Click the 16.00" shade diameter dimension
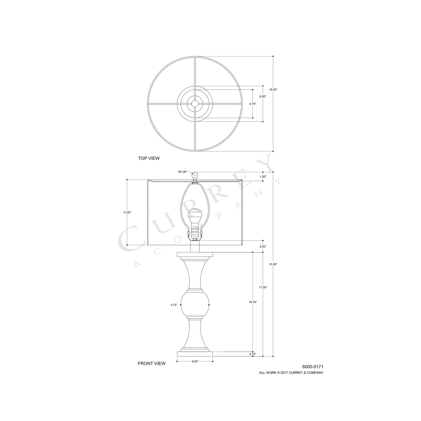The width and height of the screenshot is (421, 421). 273,90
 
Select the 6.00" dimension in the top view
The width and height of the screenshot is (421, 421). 263,96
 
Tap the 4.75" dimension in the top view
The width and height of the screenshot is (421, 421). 253,104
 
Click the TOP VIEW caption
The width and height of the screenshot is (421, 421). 149,158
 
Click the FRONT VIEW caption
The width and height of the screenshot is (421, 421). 152,363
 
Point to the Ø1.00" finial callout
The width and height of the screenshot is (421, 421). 182,172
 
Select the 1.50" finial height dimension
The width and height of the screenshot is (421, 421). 263,177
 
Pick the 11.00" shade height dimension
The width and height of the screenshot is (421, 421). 127,212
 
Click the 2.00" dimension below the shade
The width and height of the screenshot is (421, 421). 263,246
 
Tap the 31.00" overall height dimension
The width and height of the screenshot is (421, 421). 273,264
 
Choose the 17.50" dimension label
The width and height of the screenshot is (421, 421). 263,287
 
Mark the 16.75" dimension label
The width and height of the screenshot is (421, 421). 253,302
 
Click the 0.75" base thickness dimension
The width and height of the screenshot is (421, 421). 253,354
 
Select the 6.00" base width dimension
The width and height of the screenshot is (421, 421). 195,361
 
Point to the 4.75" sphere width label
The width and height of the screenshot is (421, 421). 174,305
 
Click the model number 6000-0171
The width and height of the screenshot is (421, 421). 313,367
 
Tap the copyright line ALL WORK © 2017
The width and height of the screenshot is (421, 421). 291,373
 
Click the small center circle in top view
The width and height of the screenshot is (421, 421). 195,104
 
